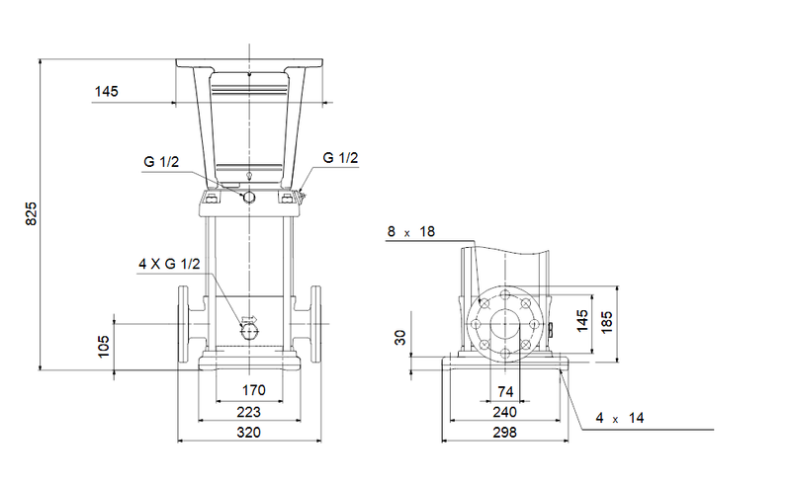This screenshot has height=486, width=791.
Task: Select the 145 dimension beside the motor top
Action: tap(106, 92)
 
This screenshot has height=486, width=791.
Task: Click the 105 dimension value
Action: tap(104, 346)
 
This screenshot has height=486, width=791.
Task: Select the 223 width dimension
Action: tap(249, 411)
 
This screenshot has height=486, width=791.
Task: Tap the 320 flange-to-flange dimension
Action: tap(249, 433)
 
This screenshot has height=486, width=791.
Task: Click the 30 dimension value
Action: tap(400, 338)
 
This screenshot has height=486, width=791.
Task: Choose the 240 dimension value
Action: tap(506, 411)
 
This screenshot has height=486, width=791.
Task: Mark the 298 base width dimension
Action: tap(506, 433)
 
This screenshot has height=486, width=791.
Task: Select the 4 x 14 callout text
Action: tap(619, 419)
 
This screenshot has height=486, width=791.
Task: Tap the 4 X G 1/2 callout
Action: tap(169, 264)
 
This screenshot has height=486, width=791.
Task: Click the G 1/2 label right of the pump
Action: tap(340, 158)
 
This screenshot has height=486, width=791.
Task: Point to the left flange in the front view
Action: tap(186, 324)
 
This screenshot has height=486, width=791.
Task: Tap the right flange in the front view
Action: tap(316, 324)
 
